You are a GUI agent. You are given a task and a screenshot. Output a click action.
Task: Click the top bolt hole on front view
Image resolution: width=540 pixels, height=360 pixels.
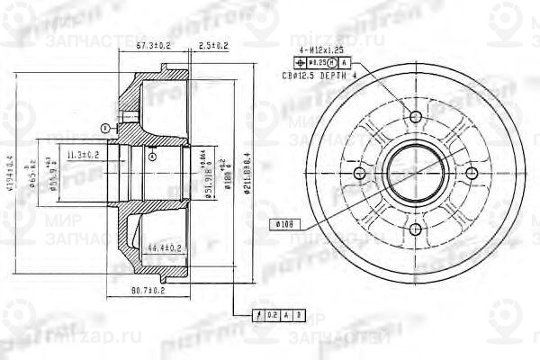(x=415, y=118)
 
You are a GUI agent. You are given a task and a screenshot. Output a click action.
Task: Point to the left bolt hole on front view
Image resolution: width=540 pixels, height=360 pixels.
(x=358, y=175)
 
